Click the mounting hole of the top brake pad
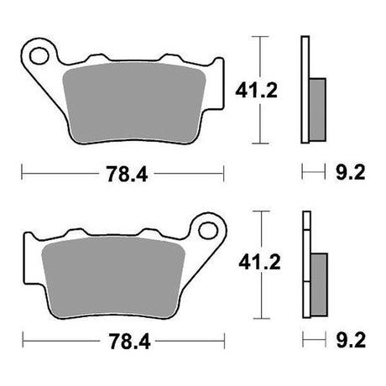39,56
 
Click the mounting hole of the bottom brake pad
208,231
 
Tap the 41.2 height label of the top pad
256,91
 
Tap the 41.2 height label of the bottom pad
259,263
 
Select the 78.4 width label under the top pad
127,174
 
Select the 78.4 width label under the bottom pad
129,342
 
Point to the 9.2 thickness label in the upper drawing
351,172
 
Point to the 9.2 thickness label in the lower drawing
351,340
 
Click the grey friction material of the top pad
134,102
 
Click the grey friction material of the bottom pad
113,277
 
